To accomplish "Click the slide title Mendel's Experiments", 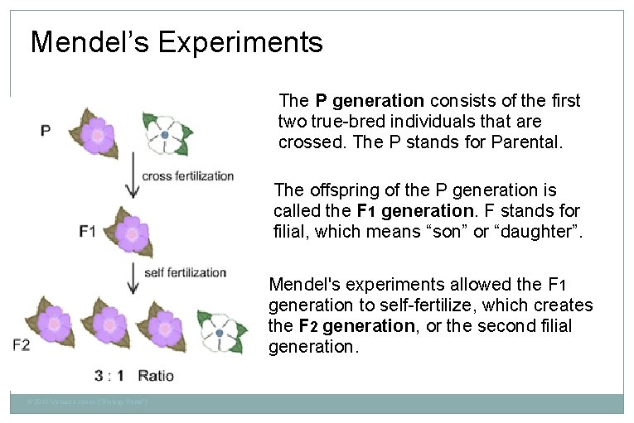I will pyautogui.click(x=177, y=42).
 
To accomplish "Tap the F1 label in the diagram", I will pyautogui.click(x=88, y=230).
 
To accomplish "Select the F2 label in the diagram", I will pyautogui.click(x=22, y=344).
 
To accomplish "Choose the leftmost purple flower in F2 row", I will pyautogui.click(x=54, y=325).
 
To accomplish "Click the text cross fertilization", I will pyautogui.click(x=188, y=175).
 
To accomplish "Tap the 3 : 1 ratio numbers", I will pyautogui.click(x=109, y=376).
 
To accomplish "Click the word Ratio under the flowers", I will pyautogui.click(x=156, y=376).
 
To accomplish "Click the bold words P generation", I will pyautogui.click(x=369, y=101).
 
